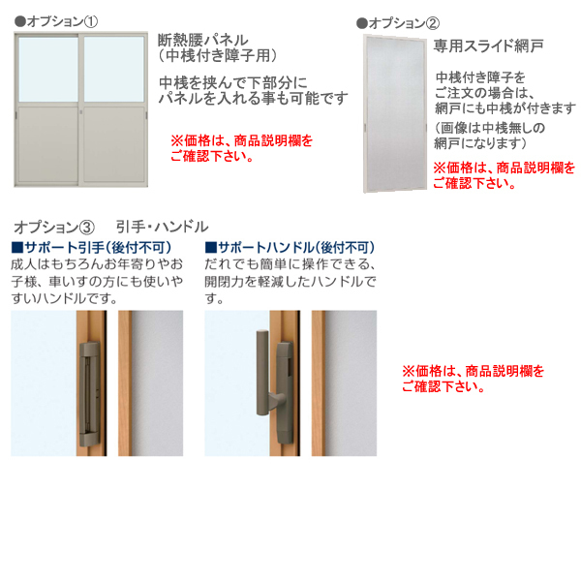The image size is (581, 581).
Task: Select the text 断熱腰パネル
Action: coord(206,40)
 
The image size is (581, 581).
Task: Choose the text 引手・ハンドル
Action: coord(162,227)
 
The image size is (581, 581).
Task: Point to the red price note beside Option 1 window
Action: coord(241,147)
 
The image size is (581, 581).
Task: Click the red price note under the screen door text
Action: coord(503,175)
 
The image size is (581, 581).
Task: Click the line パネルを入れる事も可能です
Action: coord(253,99)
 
